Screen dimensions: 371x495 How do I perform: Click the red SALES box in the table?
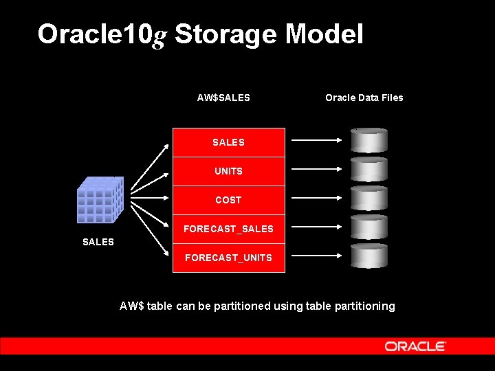228,142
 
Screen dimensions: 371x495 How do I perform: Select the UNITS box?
228,171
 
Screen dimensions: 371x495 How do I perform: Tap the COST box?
228,200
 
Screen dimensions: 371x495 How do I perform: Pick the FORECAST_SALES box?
228,229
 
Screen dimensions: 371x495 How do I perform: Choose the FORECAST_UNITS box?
228,258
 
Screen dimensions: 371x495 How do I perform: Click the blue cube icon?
100,200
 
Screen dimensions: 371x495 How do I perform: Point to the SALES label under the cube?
98,242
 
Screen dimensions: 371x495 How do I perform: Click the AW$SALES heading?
223,98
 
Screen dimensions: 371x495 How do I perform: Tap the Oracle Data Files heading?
364,98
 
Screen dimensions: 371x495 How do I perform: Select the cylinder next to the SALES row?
369,140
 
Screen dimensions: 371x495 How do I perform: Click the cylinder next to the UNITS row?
369,169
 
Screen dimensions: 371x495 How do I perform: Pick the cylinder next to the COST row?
369,198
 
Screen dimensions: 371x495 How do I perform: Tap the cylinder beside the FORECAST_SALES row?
369,227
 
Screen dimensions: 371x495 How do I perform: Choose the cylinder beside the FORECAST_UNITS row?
369,256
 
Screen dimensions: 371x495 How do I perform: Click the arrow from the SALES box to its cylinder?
317,140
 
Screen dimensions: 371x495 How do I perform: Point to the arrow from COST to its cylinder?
317,198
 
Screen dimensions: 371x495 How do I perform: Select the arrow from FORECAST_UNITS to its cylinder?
317,256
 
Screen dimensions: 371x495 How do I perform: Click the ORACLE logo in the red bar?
415,346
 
